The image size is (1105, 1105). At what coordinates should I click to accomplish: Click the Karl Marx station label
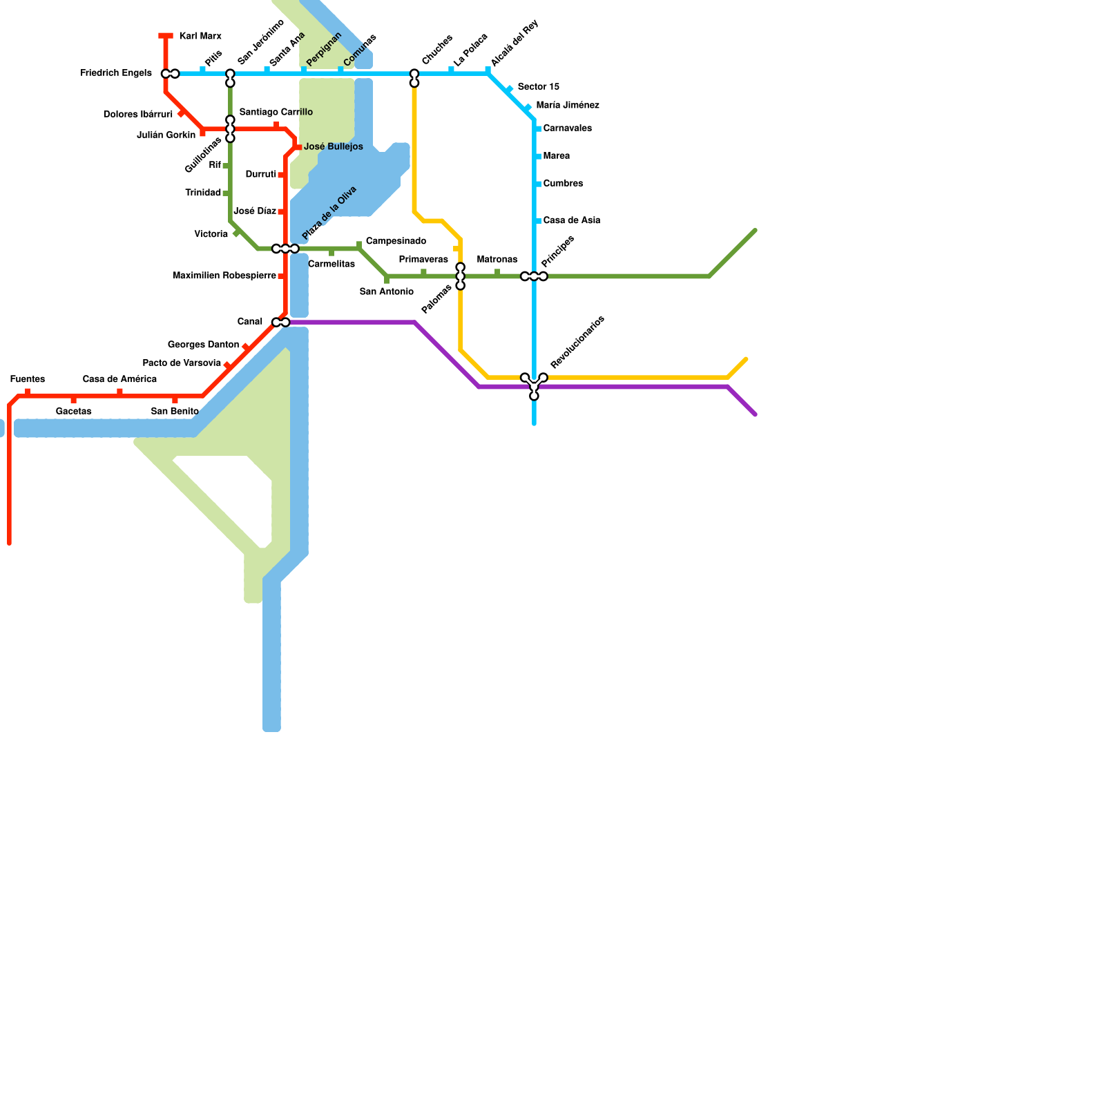click(200, 36)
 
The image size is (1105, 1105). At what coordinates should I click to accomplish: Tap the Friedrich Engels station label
click(116, 73)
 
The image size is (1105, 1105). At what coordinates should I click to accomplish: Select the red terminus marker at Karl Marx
click(166, 36)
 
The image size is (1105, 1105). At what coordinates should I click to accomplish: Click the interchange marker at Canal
click(281, 323)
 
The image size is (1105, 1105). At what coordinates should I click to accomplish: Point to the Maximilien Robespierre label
click(224, 276)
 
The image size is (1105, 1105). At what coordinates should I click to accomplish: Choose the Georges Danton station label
click(203, 345)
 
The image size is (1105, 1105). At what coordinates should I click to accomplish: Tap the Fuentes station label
click(28, 379)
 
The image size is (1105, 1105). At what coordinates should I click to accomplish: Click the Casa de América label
click(119, 379)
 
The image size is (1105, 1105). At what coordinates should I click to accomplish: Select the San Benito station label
click(175, 412)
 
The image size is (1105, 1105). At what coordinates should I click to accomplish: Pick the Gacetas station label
click(74, 412)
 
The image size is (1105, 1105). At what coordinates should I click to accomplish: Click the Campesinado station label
click(396, 241)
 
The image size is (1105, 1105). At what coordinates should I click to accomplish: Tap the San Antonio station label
click(387, 292)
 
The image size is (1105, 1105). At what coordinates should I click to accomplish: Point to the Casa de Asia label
click(572, 221)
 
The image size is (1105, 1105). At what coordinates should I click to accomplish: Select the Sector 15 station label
click(539, 87)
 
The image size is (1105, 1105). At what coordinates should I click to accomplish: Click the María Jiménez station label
click(568, 106)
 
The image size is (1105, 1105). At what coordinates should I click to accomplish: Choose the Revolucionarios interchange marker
click(534, 384)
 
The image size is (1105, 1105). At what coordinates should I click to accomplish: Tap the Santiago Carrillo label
click(276, 112)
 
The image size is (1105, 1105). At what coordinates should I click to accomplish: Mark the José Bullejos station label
click(334, 147)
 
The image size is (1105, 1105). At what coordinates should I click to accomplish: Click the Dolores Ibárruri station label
click(138, 115)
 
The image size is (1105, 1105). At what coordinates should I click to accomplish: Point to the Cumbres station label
click(564, 184)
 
